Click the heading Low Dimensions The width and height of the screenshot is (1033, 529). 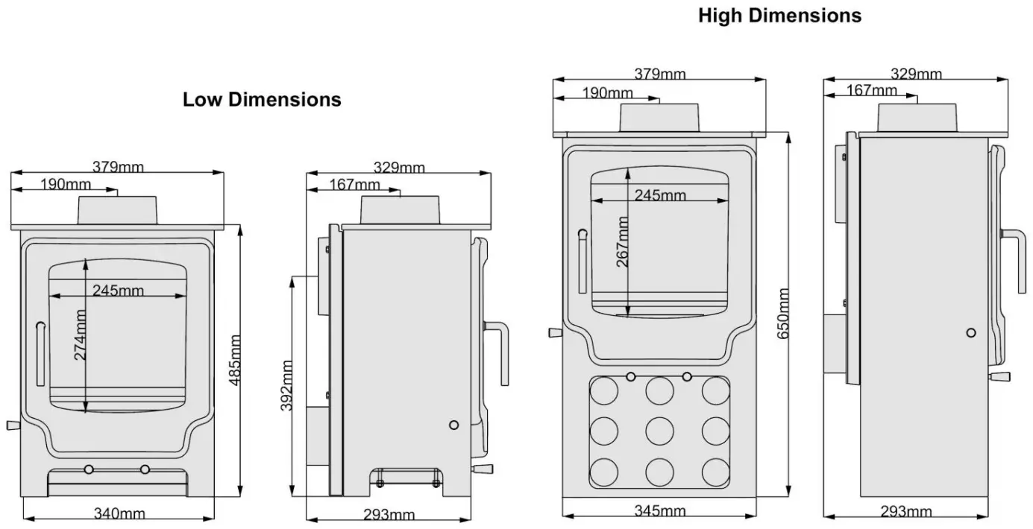[262, 99]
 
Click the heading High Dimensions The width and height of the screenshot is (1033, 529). [779, 15]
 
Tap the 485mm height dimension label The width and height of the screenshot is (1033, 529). [235, 360]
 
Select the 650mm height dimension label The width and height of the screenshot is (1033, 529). [784, 314]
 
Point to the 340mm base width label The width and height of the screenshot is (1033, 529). [119, 513]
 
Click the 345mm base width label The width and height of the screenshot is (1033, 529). [660, 511]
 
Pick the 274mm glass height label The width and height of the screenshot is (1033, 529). [80, 335]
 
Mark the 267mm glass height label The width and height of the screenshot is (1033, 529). [622, 241]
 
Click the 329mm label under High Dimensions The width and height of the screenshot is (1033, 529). [916, 74]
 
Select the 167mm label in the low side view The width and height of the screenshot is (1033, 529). [354, 185]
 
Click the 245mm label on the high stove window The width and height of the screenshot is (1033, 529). [660, 195]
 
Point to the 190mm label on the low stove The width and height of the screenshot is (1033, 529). [66, 184]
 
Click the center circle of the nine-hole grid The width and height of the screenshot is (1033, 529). [659, 430]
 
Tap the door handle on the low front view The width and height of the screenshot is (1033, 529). [40, 343]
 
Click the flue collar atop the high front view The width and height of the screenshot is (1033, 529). [659, 118]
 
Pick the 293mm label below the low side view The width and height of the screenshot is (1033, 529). [389, 514]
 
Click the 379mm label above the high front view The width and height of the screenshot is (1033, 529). [660, 74]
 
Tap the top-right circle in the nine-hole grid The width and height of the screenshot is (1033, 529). [715, 390]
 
